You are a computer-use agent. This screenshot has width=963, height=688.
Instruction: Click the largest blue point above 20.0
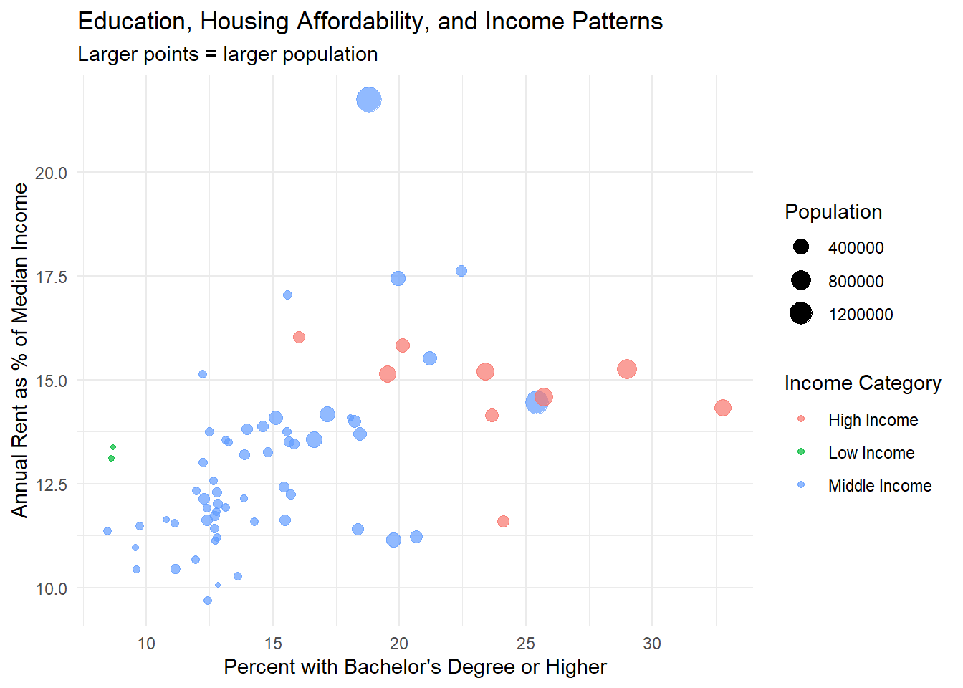click(x=368, y=100)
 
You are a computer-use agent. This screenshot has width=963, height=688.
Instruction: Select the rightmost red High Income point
click(x=722, y=408)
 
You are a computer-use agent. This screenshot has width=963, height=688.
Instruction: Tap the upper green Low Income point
click(x=113, y=447)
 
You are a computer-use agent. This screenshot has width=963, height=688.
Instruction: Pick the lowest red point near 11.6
click(x=503, y=521)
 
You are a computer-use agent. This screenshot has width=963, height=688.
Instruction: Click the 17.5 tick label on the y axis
click(x=51, y=277)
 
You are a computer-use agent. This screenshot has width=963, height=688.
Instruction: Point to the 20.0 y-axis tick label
click(x=51, y=173)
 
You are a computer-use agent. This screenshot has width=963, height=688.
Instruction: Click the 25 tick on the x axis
click(x=526, y=644)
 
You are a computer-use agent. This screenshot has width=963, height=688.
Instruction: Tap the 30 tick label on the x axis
click(x=652, y=644)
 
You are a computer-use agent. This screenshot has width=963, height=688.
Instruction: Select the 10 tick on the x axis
click(x=146, y=644)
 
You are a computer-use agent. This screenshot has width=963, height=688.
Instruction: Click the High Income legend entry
click(x=873, y=420)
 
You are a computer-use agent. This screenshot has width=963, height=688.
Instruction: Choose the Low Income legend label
click(x=871, y=453)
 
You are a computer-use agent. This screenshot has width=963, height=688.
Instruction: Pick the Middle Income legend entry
click(x=880, y=486)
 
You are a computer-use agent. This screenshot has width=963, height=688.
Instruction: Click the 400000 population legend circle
click(x=801, y=247)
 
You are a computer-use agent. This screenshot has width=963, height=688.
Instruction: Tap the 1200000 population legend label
click(x=861, y=315)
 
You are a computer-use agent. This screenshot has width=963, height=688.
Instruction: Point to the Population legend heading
click(x=833, y=212)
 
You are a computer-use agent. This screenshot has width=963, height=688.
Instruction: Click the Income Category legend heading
click(x=863, y=383)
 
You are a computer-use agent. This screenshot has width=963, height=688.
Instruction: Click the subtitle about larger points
click(x=227, y=54)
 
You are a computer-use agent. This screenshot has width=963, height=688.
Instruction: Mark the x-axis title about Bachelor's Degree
click(x=415, y=667)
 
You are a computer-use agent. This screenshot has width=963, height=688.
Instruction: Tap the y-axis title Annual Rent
click(x=19, y=350)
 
